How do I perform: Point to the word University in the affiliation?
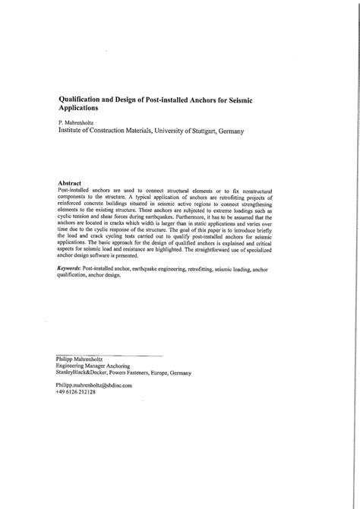pos(155,131)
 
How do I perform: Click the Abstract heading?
pos(74,183)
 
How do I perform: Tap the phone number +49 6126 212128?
pos(77,392)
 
